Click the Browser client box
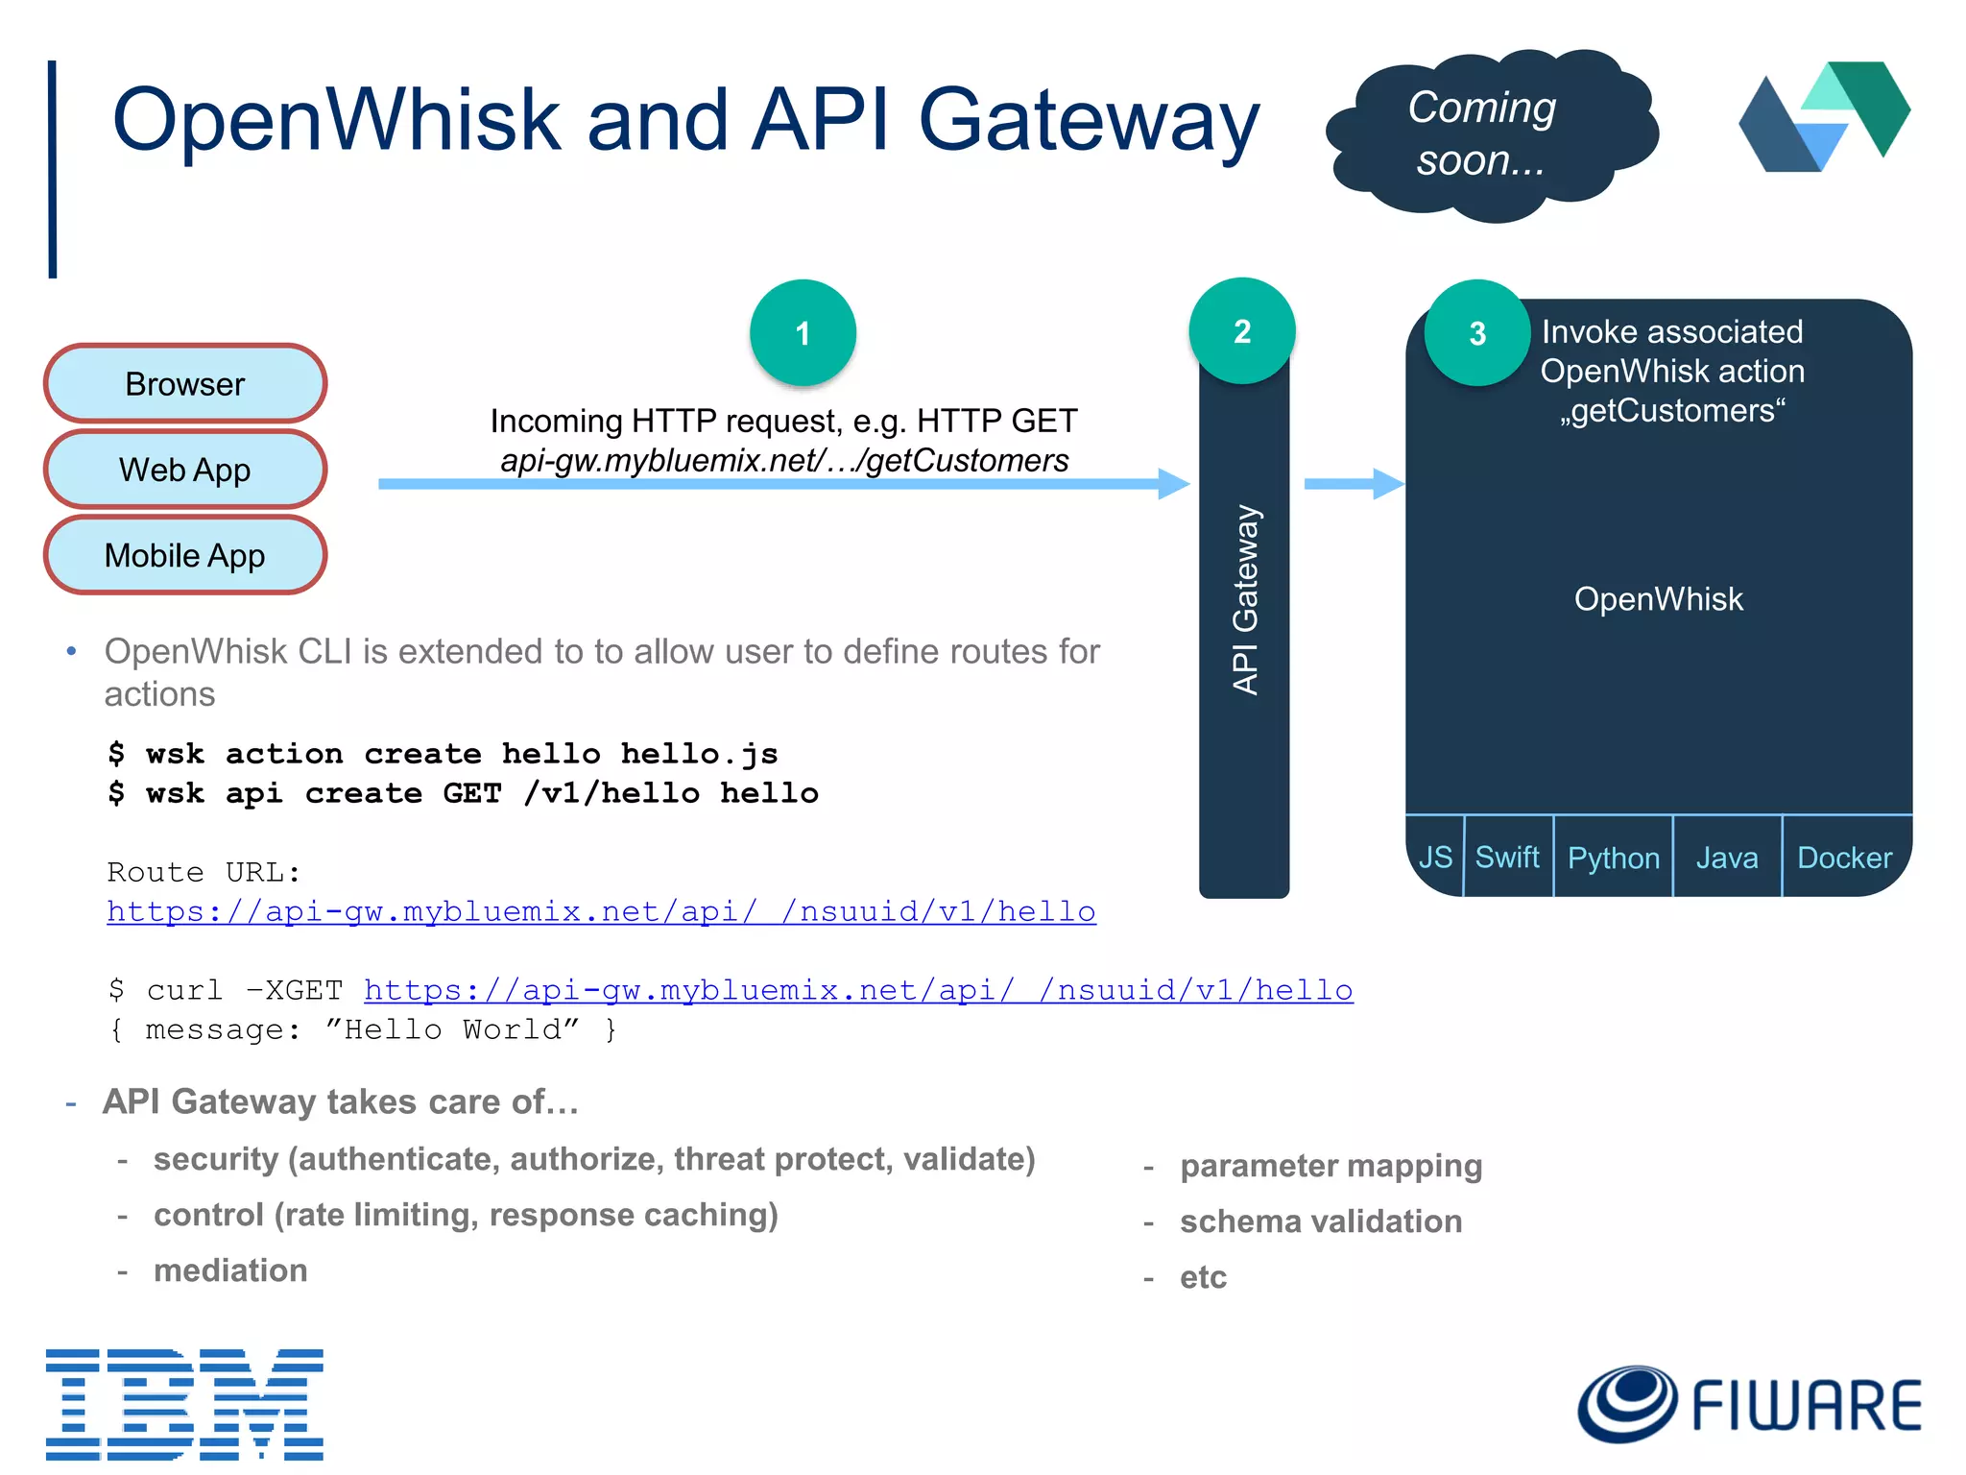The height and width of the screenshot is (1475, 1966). pyautogui.click(x=185, y=384)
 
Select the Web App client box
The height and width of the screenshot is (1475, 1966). pyautogui.click(x=185, y=470)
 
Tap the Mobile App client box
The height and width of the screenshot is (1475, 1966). pyautogui.click(x=185, y=555)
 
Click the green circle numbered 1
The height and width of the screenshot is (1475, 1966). pyautogui.click(x=803, y=333)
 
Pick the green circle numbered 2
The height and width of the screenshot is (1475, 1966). pyautogui.click(x=1241, y=331)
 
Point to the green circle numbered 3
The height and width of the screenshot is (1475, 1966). pyautogui.click(x=1477, y=333)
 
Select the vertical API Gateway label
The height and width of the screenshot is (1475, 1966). pyautogui.click(x=1244, y=600)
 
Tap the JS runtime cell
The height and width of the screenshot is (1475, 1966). pyautogui.click(x=1435, y=857)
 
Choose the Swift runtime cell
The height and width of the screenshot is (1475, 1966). pyautogui.click(x=1507, y=857)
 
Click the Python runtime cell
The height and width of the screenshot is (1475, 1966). pyautogui.click(x=1613, y=858)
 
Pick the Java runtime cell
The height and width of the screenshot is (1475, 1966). pyautogui.click(x=1726, y=858)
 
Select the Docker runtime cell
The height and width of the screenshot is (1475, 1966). pyautogui.click(x=1844, y=858)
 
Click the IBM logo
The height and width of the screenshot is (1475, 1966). pyautogui.click(x=184, y=1403)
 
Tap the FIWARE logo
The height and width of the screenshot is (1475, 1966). pyautogui.click(x=1749, y=1405)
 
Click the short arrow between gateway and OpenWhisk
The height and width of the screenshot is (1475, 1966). pyautogui.click(x=1353, y=484)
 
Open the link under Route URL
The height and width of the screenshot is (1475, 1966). pyautogui.click(x=601, y=911)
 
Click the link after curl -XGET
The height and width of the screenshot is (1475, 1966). pyautogui.click(x=858, y=990)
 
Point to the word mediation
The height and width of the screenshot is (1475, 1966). pyautogui.click(x=230, y=1270)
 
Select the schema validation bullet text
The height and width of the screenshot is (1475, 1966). pyautogui.click(x=1321, y=1221)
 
